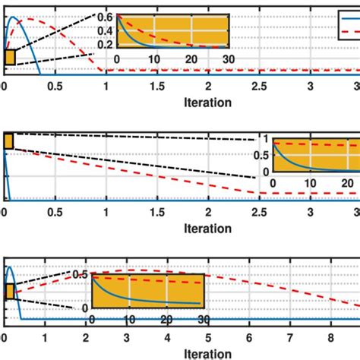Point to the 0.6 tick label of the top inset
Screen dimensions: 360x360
click(105, 17)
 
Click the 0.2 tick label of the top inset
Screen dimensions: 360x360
click(105, 44)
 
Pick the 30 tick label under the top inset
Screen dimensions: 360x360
click(228, 59)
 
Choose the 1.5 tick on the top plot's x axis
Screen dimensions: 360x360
click(157, 86)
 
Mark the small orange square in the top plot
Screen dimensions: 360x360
click(10, 58)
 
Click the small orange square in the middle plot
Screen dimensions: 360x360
click(8, 141)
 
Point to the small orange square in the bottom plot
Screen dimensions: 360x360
click(9, 292)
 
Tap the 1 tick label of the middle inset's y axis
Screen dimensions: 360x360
click(266, 140)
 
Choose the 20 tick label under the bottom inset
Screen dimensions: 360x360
click(166, 321)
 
